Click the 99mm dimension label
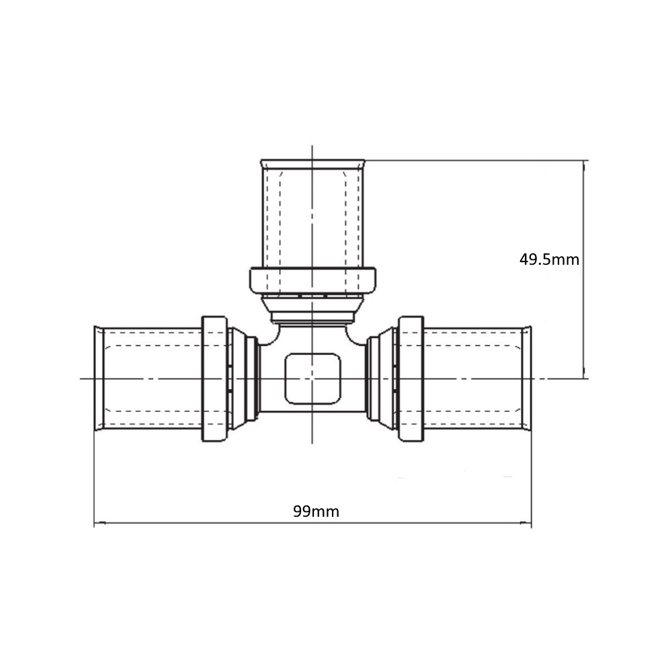click(x=316, y=511)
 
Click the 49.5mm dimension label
click(x=549, y=259)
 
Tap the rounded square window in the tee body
click(x=313, y=379)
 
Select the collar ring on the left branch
click(x=214, y=379)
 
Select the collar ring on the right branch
click(x=411, y=379)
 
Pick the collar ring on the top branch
click(x=313, y=281)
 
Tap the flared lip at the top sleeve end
click(x=313, y=164)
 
